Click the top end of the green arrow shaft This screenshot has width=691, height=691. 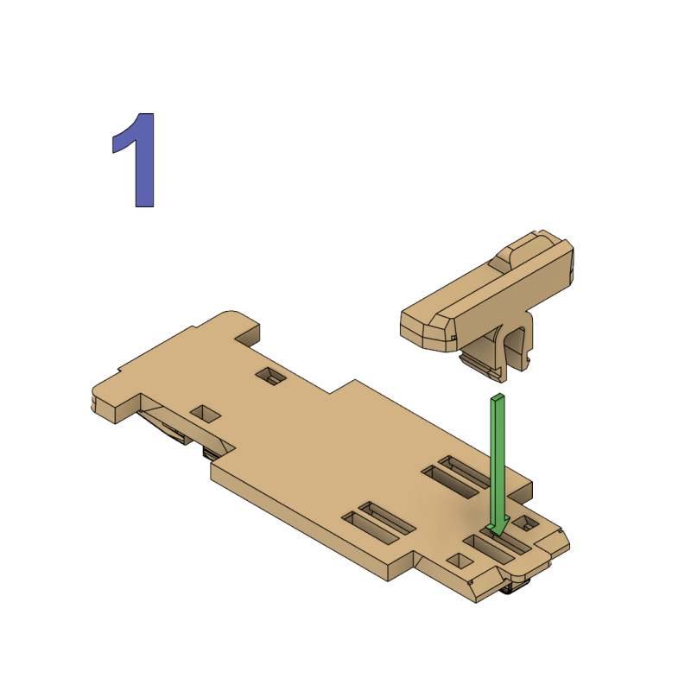[x=498, y=399]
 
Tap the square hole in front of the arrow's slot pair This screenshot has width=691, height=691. [x=458, y=561]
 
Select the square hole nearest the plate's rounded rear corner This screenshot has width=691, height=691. [x=272, y=376]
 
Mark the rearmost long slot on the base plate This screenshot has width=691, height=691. [x=467, y=472]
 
